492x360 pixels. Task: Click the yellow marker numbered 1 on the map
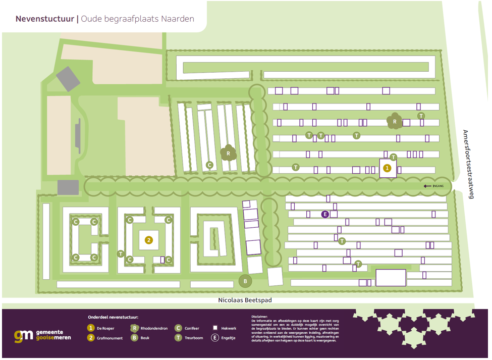387,168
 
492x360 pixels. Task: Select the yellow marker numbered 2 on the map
148,240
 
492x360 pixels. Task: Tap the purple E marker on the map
325,214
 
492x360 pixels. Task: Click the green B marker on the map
245,281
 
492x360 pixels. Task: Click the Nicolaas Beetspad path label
245,300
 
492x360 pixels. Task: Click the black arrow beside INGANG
427,186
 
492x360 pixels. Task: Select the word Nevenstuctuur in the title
44,19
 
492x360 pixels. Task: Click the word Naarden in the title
177,19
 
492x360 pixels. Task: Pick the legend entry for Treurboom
194,338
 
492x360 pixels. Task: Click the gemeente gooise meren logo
42,335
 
